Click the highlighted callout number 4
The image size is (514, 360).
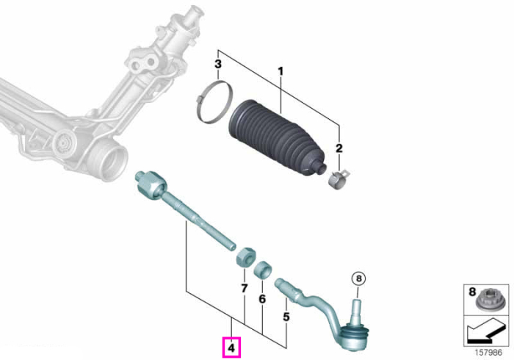point(231,348)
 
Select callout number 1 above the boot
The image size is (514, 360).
point(280,71)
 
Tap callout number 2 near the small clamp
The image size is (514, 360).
point(339,148)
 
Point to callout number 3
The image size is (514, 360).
point(218,64)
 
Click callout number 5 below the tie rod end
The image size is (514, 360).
point(286,317)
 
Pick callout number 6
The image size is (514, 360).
point(262,299)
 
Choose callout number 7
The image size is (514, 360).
point(244,289)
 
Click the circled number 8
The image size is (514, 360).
point(358,278)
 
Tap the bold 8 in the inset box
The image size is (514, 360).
point(472,292)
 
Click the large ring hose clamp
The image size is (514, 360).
point(214,102)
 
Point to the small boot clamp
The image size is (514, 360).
point(339,180)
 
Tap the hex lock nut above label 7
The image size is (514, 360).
point(245,257)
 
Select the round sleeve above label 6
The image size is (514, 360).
point(264,270)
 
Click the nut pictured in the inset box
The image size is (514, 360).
point(487,298)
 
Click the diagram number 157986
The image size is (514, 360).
point(488,353)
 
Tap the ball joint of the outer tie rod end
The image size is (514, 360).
point(353,336)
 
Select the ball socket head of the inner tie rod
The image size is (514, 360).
point(150,184)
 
